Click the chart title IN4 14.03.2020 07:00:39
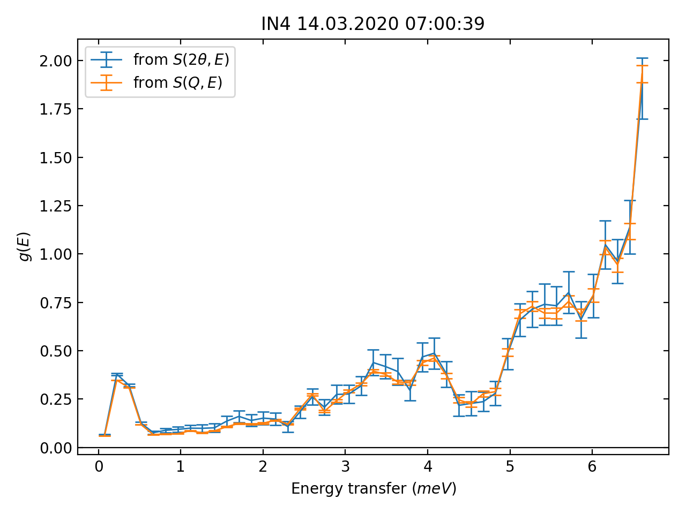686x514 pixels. coord(372,24)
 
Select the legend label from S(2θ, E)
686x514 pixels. coord(181,59)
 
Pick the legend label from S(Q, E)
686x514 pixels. coord(177,82)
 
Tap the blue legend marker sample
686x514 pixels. coord(107,59)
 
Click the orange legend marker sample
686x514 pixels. coord(107,82)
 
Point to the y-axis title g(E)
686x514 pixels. coord(25,247)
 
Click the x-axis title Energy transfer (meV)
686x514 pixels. coord(374,488)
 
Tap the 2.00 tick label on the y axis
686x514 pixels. coord(55,61)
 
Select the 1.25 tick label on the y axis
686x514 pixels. coord(55,206)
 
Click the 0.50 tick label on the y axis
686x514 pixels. coord(55,351)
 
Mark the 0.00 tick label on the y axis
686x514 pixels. coord(55,448)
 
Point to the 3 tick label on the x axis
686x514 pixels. coord(345,467)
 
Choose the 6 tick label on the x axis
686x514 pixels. coord(592,467)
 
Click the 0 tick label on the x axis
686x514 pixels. coord(99,467)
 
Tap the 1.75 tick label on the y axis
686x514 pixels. coord(55,109)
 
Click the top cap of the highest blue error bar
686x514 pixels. coord(642,58)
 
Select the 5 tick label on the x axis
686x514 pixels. coord(510,467)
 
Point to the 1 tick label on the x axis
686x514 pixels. coord(181,467)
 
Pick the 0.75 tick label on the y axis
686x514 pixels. coord(55,303)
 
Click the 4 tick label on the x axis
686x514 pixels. coord(427,467)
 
